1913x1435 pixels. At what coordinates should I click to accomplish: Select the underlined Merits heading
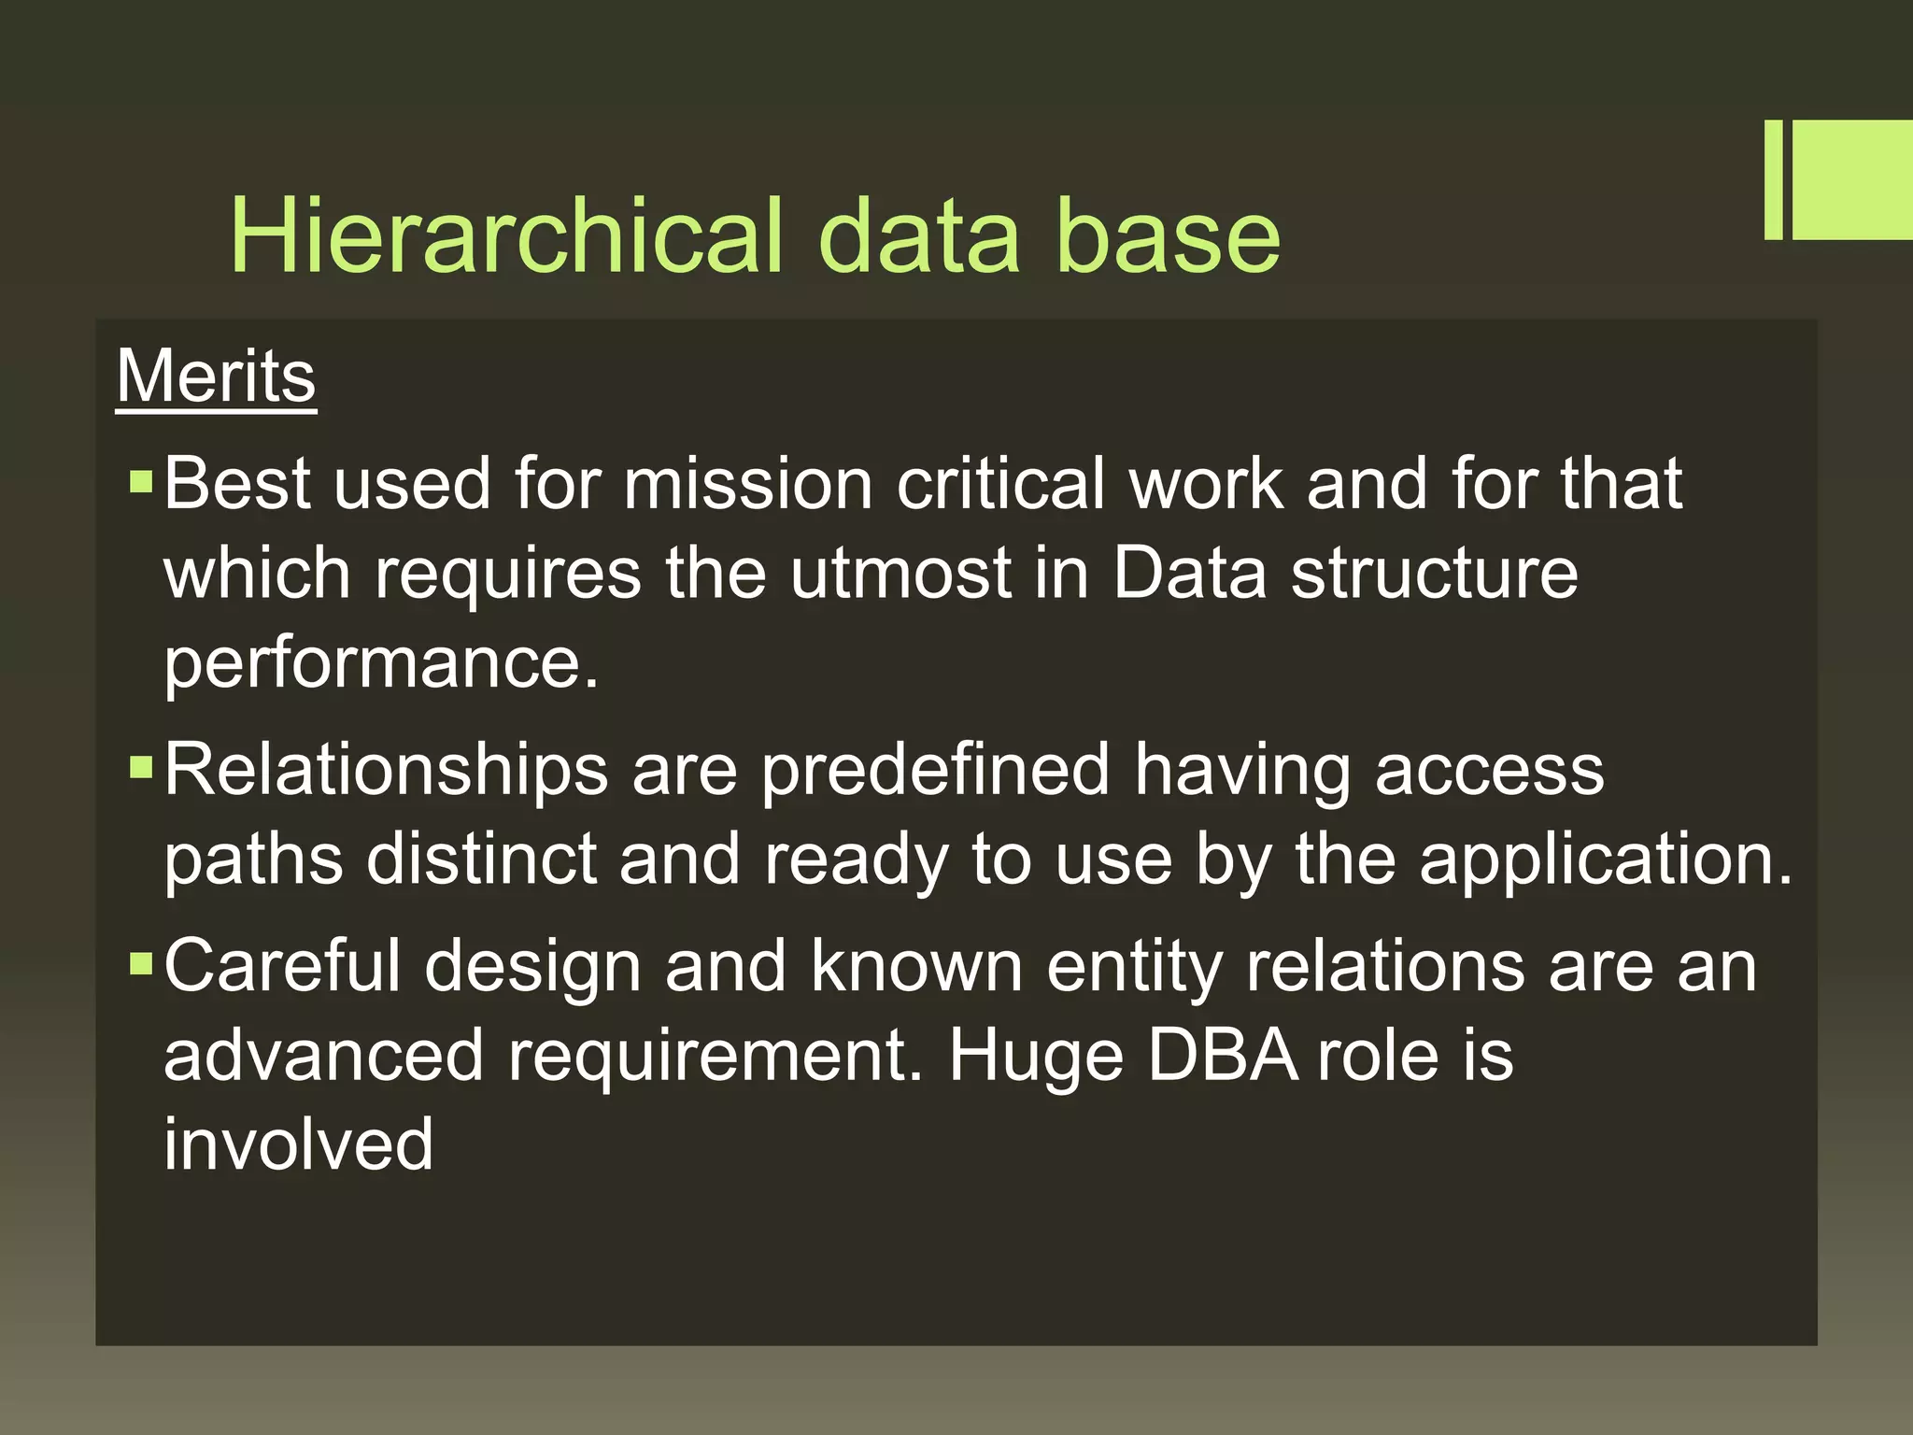pyautogui.click(x=216, y=377)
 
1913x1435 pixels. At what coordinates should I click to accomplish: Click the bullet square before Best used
pyautogui.click(x=140, y=482)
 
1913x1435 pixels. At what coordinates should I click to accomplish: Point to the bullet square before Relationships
pyautogui.click(x=140, y=768)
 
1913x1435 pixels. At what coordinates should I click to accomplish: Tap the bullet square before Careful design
pyautogui.click(x=140, y=963)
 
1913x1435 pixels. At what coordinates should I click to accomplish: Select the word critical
pyautogui.click(x=1000, y=484)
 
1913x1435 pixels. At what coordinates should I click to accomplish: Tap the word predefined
pyautogui.click(x=934, y=771)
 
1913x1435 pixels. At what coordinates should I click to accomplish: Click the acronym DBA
pyautogui.click(x=1222, y=1055)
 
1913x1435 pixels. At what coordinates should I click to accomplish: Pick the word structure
pyautogui.click(x=1434, y=573)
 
